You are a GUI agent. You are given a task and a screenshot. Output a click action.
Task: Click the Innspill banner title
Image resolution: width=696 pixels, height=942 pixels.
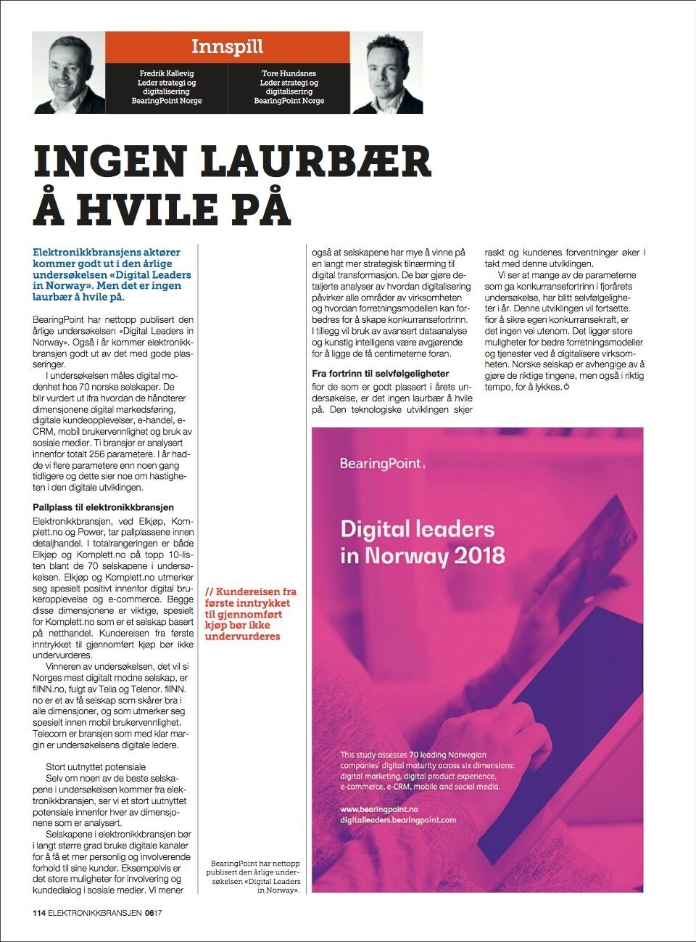coord(227,47)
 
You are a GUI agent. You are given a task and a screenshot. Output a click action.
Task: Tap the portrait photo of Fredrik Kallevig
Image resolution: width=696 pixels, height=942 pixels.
coord(69,73)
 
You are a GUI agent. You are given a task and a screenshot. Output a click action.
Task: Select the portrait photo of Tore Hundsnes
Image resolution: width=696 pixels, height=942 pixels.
coord(386,73)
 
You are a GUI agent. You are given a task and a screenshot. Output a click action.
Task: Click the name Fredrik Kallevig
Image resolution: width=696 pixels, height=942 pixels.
coord(167,73)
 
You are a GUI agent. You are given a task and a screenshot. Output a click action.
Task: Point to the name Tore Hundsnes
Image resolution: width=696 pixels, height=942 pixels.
coord(289,73)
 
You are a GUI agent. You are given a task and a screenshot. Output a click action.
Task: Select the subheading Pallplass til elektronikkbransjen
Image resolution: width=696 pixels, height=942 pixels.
coord(103,507)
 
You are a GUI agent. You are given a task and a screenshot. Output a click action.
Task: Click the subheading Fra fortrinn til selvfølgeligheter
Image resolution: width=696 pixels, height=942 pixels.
coord(380,374)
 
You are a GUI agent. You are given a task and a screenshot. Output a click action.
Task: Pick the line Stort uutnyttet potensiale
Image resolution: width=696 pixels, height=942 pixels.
coord(96,766)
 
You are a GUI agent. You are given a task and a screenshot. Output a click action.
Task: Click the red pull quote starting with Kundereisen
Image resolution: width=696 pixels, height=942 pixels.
coord(251,614)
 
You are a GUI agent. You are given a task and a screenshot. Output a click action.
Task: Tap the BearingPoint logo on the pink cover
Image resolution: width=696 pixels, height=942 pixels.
coord(382,463)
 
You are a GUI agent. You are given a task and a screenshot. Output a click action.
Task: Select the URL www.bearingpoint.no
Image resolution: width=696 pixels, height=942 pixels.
coord(378,808)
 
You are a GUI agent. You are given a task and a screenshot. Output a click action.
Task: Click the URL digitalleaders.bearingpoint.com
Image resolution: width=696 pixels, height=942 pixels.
coord(398,819)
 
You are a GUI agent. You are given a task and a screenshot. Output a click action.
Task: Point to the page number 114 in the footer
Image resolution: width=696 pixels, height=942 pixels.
coord(39,913)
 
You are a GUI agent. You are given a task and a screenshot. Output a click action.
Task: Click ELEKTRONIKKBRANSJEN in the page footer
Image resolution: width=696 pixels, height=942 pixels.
coord(95,913)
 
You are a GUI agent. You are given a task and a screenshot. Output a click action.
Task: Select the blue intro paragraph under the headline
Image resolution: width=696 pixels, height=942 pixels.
coord(107,274)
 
